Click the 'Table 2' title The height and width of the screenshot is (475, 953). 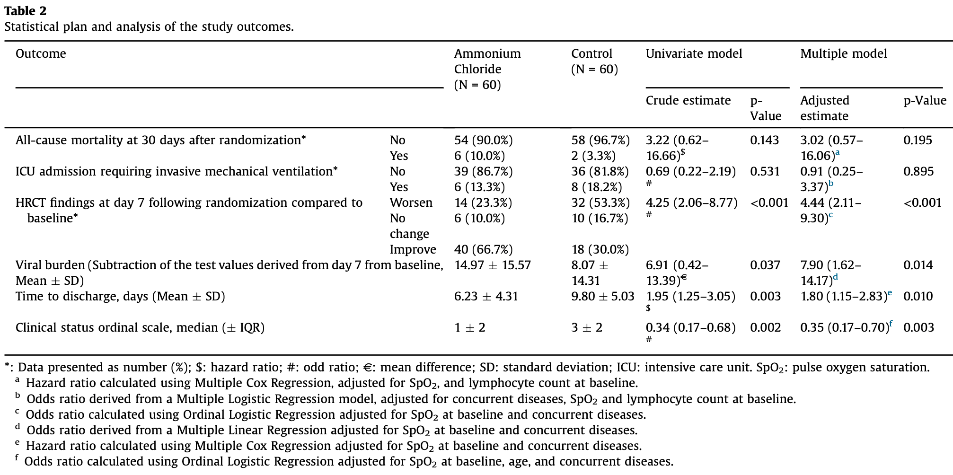click(x=26, y=10)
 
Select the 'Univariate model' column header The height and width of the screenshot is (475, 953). click(x=694, y=53)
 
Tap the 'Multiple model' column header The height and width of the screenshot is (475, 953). click(x=843, y=54)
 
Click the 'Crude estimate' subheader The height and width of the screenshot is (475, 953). click(x=688, y=100)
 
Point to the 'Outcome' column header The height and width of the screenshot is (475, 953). click(x=41, y=53)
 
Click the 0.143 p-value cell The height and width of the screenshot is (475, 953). click(x=764, y=140)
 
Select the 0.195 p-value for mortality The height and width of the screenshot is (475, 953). click(x=918, y=140)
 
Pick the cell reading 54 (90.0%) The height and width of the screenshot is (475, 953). click(x=483, y=140)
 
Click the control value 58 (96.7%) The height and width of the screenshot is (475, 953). click(x=600, y=140)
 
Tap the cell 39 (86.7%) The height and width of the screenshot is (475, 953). click(x=483, y=171)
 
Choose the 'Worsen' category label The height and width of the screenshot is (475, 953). click(x=411, y=202)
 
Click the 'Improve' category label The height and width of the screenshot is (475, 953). click(x=413, y=249)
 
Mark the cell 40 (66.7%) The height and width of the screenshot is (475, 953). click(x=483, y=249)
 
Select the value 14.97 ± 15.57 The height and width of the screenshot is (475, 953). click(x=493, y=265)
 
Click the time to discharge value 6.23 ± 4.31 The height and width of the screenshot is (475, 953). click(x=486, y=296)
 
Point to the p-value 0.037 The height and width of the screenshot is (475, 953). click(x=765, y=265)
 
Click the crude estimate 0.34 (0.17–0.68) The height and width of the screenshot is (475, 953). click(x=690, y=327)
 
